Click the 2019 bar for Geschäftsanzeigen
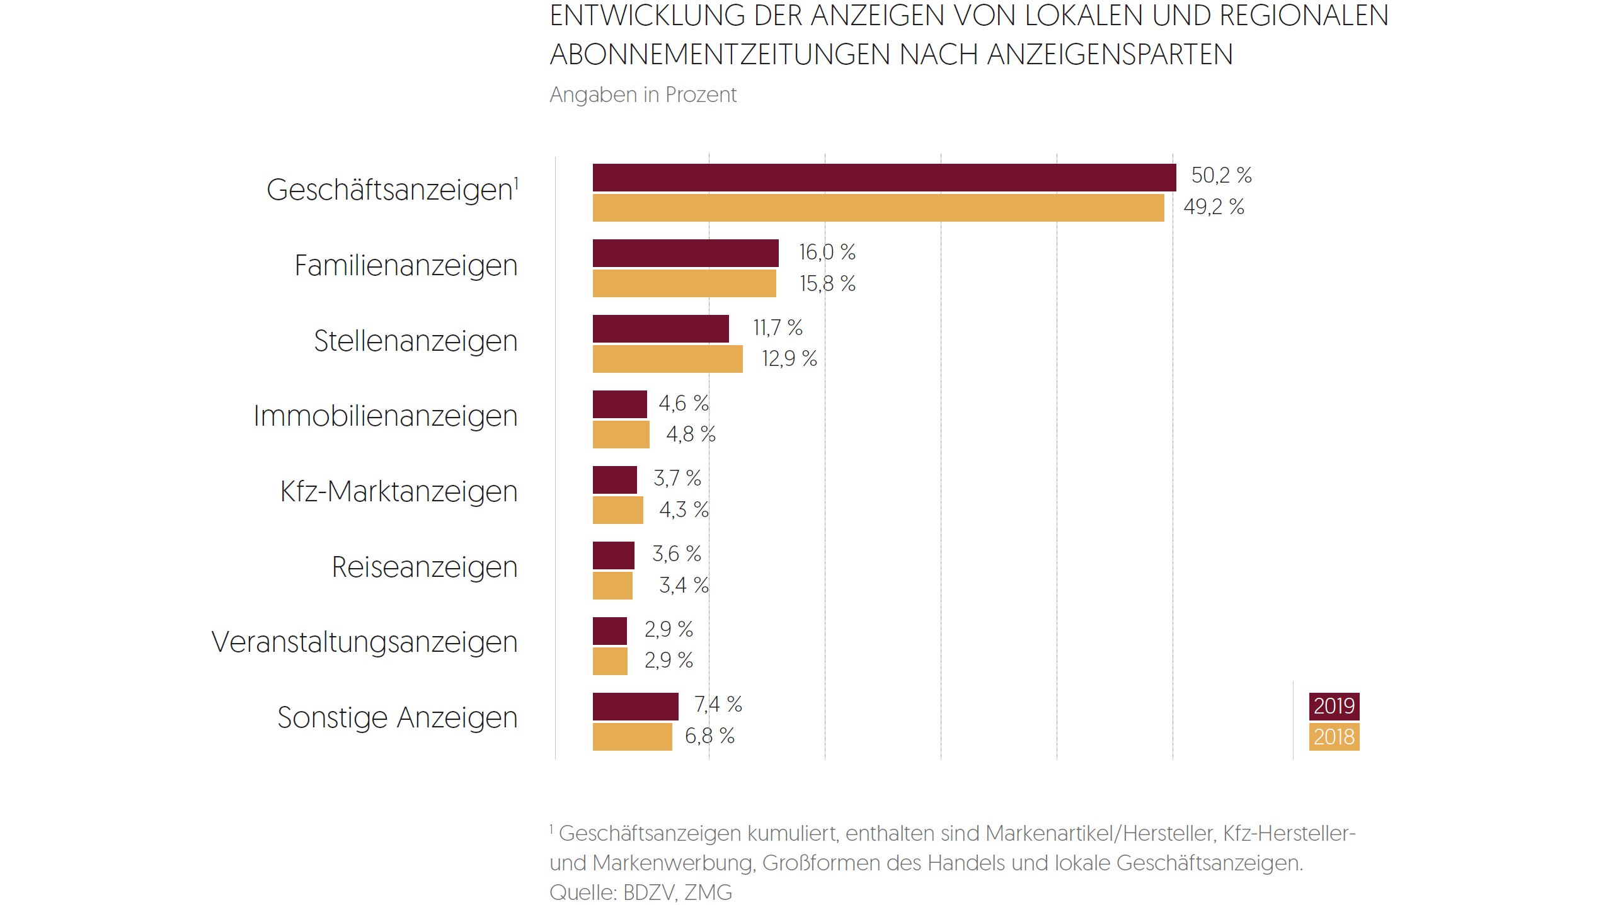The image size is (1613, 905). click(884, 178)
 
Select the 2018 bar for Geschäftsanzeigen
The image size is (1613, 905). click(878, 208)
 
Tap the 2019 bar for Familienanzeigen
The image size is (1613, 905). click(686, 253)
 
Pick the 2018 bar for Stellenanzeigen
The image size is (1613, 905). click(667, 359)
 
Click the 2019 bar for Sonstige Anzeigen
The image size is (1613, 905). click(635, 707)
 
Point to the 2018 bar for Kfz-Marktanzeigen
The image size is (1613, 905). click(617, 510)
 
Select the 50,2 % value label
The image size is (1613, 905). click(1221, 176)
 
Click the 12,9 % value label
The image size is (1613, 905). click(789, 359)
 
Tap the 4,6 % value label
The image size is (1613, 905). click(684, 404)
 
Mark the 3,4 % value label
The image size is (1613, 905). click(684, 586)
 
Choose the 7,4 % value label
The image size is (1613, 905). click(718, 705)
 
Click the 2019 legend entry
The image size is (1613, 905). click(1334, 706)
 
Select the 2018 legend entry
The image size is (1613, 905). click(1334, 737)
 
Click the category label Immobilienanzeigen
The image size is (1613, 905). click(385, 416)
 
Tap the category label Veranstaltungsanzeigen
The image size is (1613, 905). click(364, 642)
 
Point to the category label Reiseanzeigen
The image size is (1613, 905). click(424, 567)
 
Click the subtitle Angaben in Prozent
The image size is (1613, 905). click(643, 95)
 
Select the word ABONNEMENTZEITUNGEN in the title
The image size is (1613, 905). click(720, 55)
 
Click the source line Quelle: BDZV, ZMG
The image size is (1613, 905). click(640, 892)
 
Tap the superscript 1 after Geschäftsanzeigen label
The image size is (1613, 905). click(517, 182)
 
